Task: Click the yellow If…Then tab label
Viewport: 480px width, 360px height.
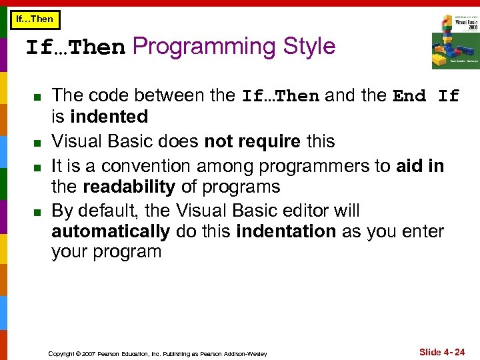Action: (34, 19)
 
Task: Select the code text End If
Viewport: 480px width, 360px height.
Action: (426, 96)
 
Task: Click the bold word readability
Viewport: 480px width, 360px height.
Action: (126, 186)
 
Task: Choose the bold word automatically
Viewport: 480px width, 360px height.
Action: (111, 231)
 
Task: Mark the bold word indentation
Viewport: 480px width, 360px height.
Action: (286, 231)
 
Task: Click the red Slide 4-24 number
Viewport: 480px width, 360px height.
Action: (441, 351)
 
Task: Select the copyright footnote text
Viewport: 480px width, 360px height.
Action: (157, 353)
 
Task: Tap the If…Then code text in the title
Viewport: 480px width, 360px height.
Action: (75, 48)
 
